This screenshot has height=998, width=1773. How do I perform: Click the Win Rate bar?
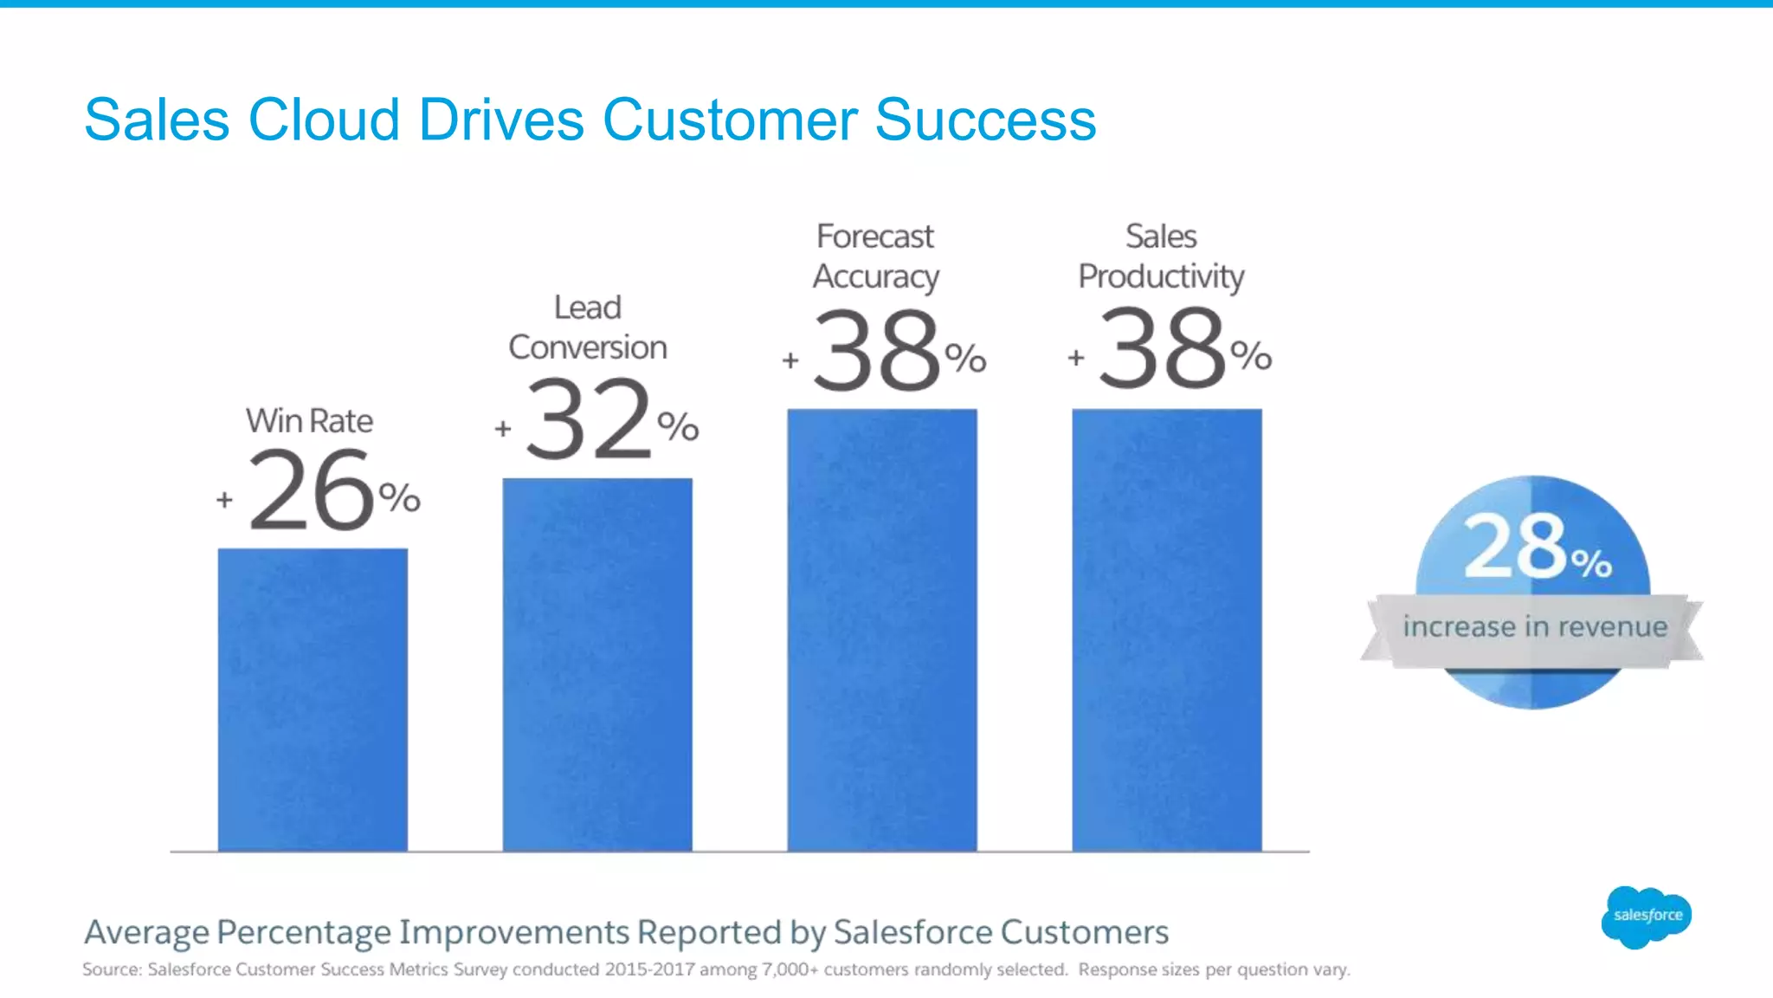coord(313,699)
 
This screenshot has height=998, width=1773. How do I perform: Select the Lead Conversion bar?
coord(597,664)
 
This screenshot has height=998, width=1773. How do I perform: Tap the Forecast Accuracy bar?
coord(882,630)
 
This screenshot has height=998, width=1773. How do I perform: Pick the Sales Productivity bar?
coord(1167,630)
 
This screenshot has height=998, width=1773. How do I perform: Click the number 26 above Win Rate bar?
coord(312,490)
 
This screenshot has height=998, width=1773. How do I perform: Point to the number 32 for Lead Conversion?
coord(589,420)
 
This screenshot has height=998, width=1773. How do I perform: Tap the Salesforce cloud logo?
coord(1647,916)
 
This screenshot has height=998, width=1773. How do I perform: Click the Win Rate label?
coord(309,421)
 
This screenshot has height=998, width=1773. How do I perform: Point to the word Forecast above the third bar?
coord(875,237)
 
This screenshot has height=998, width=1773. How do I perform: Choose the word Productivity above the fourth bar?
coord(1161,277)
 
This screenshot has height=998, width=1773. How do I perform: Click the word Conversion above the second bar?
coord(588,347)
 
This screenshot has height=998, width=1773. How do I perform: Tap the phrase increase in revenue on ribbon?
coord(1535,626)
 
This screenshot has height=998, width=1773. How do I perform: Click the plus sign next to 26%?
coord(224,500)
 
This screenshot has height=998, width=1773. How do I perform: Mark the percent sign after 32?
coord(678,426)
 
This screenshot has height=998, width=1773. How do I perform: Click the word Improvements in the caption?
coord(513,932)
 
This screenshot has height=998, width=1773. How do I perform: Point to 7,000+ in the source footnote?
coord(790,969)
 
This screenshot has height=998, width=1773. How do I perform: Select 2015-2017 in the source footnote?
coord(649,969)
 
